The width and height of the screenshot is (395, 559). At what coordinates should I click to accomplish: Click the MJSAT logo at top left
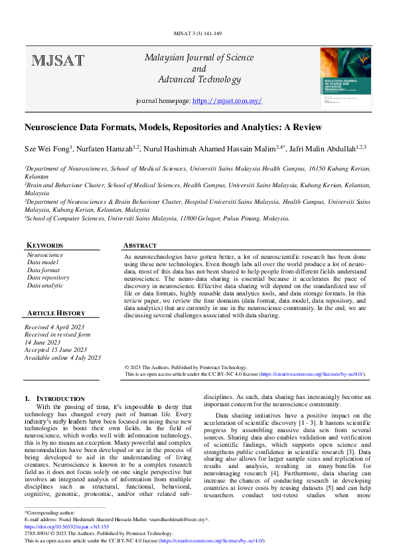[58, 61]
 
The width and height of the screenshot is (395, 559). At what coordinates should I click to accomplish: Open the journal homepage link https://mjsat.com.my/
[227, 101]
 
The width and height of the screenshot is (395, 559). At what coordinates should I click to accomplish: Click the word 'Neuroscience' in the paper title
[54, 127]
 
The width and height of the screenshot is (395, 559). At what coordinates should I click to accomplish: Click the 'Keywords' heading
[45, 245]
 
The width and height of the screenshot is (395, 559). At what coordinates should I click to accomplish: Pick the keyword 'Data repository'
[48, 278]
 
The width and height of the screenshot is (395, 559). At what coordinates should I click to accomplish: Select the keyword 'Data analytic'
[46, 285]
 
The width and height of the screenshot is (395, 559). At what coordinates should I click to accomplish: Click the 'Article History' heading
[56, 313]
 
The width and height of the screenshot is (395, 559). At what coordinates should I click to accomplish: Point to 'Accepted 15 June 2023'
[55, 350]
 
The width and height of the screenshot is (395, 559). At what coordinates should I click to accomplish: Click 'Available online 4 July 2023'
[62, 357]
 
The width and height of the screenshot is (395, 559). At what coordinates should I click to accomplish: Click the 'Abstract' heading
[140, 245]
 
